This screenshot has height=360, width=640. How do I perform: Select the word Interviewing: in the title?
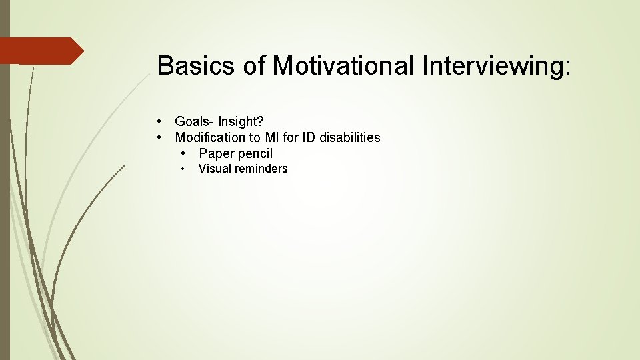click(496, 66)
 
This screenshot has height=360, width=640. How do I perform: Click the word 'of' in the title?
click(258, 66)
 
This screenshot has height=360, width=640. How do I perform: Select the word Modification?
click(210, 138)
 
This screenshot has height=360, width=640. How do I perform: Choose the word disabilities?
click(351, 138)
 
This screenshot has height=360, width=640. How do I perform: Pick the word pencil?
click(254, 154)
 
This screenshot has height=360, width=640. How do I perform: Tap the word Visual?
click(214, 169)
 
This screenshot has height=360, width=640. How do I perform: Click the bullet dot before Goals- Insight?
click(160, 121)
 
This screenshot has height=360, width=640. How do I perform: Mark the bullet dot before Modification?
click(160, 138)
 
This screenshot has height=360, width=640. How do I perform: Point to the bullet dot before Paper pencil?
click(184, 154)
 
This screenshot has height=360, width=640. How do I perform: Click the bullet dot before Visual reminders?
click(184, 169)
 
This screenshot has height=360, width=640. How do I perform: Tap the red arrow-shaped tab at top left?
click(40, 51)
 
